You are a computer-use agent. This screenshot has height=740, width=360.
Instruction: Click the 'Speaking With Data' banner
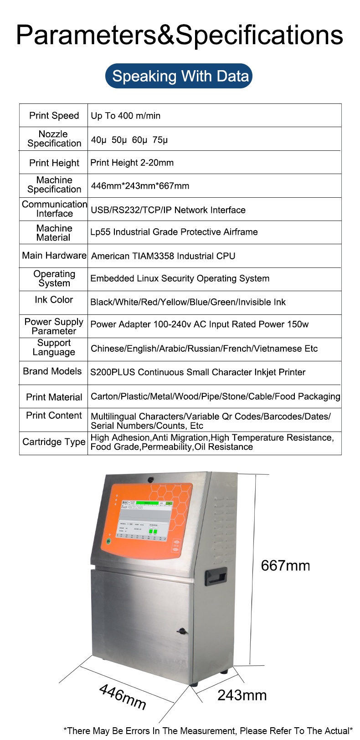click(x=179, y=76)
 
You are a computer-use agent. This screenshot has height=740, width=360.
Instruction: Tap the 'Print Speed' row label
click(x=54, y=116)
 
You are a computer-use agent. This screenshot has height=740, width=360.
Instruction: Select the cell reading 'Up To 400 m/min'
click(x=126, y=116)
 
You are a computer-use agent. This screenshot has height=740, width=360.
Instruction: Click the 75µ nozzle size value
click(x=160, y=140)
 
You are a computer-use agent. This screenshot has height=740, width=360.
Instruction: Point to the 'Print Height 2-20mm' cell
click(x=132, y=163)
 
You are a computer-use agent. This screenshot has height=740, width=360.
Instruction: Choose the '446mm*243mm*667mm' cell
click(x=140, y=186)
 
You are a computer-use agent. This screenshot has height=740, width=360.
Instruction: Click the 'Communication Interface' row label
click(x=54, y=209)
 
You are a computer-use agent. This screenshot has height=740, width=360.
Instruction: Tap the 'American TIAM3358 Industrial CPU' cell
click(x=163, y=256)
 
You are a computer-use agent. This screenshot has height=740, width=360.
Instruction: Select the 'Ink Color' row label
click(x=54, y=300)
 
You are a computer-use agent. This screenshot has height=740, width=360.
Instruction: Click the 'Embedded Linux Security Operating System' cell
click(x=180, y=278)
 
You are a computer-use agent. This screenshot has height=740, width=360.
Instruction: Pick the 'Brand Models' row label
click(x=52, y=371)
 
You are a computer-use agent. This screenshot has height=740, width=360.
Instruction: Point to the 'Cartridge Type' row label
click(x=54, y=442)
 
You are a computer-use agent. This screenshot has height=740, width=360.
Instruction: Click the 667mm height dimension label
click(x=285, y=566)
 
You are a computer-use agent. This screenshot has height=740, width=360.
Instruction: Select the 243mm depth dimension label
click(x=242, y=695)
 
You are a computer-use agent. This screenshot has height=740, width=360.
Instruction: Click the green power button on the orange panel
click(x=108, y=541)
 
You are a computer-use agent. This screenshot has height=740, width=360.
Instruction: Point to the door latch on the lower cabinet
click(x=182, y=632)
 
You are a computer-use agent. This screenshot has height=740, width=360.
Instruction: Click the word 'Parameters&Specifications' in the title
click(x=180, y=35)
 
